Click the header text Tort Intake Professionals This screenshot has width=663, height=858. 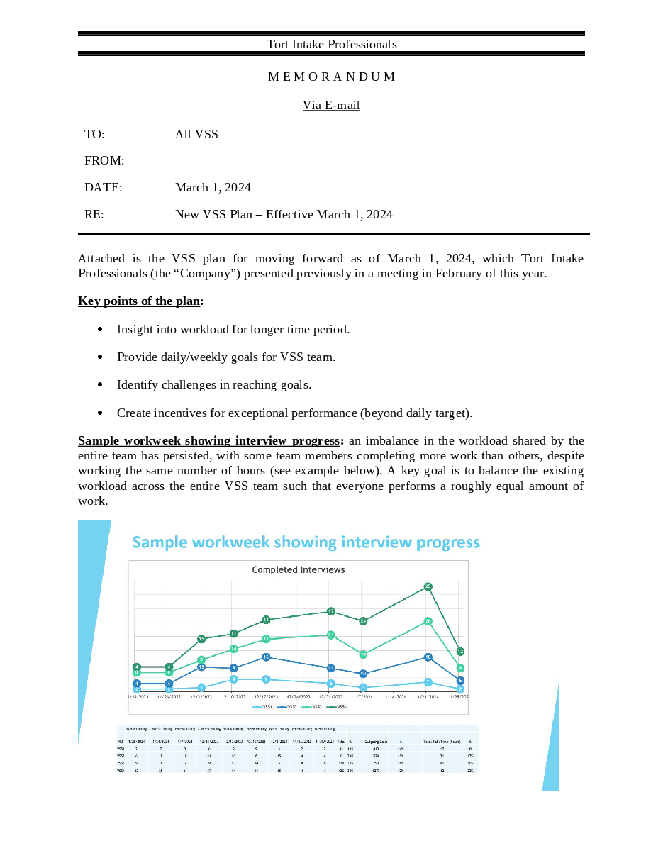331,44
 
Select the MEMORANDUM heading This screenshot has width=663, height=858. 331,77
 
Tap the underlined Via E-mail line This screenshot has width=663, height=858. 331,105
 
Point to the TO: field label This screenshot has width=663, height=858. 94,134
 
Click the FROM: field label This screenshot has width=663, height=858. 104,161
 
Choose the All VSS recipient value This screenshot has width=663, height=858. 196,134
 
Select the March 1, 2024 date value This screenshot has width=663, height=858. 213,188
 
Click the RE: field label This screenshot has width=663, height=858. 94,214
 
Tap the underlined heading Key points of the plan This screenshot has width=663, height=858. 140,301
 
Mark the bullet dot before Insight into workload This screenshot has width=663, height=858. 101,330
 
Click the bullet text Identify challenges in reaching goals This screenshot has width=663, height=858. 214,384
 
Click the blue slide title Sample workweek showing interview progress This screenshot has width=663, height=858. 306,542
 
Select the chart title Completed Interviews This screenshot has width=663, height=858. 299,569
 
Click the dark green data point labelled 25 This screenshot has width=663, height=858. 428,586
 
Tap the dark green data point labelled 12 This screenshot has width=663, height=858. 461,651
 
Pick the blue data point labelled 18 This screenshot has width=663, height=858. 428,657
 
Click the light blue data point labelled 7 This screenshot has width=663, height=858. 428,682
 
